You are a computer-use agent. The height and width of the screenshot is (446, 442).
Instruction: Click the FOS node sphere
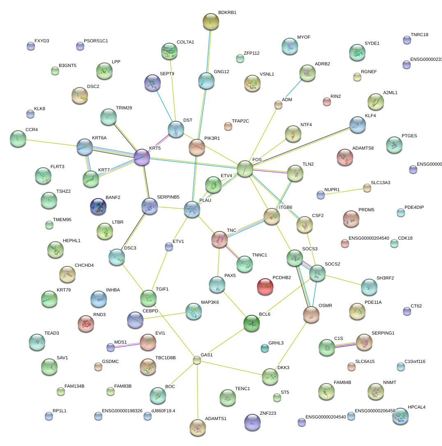coord(245,169)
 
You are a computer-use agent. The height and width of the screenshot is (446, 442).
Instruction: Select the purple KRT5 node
coord(141,157)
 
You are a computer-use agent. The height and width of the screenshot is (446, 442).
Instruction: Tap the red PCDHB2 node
coord(265,287)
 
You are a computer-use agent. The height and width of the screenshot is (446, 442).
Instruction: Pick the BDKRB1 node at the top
coord(211,21)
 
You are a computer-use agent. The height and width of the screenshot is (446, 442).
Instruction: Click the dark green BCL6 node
coord(251,323)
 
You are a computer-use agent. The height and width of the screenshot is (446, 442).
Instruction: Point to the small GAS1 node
coord(197,360)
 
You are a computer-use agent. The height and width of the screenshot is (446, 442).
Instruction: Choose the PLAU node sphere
coord(192,209)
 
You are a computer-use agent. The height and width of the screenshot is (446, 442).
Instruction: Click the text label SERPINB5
coord(168,197)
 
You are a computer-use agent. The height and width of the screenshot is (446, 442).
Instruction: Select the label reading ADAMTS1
coord(216,418)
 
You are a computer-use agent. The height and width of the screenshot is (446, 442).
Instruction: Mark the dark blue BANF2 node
coord(98,206)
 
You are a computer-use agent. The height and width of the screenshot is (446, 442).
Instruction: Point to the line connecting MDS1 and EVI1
coord(125,344)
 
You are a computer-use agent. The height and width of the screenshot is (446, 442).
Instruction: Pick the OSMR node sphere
coord(311,314)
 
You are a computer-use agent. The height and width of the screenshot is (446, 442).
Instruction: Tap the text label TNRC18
coord(419,35)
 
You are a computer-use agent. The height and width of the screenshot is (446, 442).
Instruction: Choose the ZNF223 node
coord(252,422)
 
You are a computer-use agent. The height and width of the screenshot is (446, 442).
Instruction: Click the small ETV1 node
coord(169,247)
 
